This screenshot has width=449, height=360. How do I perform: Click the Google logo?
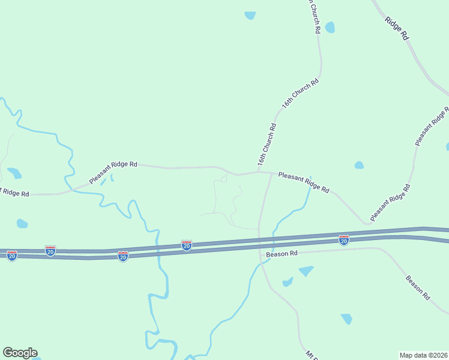coord(20,353)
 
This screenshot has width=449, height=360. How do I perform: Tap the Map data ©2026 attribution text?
coord(423,355)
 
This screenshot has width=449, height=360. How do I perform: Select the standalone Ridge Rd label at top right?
coord(397,29)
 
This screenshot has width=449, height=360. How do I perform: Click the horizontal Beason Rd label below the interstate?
coord(283,254)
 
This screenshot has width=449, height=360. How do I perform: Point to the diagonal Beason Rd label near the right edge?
coord(418,287)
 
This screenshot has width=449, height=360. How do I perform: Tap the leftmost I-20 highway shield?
coord(12,255)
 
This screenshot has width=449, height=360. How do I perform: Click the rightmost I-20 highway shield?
coord(344,240)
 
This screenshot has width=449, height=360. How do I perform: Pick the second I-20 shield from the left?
coord(50,250)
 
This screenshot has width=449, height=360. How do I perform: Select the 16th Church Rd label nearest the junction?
coord(267,145)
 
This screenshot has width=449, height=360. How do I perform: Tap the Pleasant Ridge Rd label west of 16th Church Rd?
coord(113,172)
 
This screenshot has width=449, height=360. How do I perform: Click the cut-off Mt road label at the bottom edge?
coord(311,355)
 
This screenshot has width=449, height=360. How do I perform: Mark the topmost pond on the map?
coord(250,16)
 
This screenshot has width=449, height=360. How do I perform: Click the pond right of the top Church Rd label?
coord(330,28)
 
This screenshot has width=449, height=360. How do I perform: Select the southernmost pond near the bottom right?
coord(346,319)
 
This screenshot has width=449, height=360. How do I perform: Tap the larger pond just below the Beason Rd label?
coord(306,271)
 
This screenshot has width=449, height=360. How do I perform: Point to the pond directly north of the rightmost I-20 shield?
coord(359,165)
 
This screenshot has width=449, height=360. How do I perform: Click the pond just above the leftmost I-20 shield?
coord(22,224)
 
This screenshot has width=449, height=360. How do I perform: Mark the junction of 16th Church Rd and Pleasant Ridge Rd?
coord(260,172)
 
